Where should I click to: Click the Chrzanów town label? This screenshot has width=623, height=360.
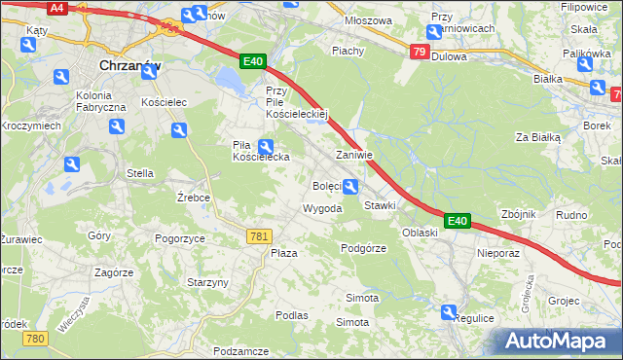(x=131, y=65)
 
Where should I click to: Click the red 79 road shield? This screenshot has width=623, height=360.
(x=419, y=52)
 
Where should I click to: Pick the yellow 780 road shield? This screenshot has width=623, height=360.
(x=36, y=338)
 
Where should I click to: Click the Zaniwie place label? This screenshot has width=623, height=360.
(x=354, y=155)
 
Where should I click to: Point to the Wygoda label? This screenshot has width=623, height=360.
(x=322, y=209)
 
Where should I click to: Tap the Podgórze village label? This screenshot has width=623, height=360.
(x=364, y=248)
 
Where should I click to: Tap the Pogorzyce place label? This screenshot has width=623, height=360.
(x=179, y=237)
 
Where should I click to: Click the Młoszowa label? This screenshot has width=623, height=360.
(x=370, y=20)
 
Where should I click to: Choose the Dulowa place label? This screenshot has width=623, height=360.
(x=449, y=56)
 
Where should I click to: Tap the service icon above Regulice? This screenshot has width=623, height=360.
(x=449, y=312)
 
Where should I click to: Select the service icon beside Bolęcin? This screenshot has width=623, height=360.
(x=350, y=187)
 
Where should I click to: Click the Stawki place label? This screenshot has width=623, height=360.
(x=380, y=206)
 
